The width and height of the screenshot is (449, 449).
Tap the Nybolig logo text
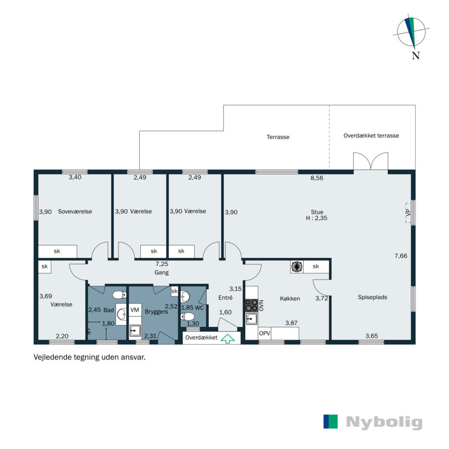[x=384, y=422]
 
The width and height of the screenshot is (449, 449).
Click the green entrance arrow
[x=227, y=338]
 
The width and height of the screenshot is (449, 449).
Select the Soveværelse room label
[x=75, y=212]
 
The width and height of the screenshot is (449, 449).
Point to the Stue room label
[x=319, y=212]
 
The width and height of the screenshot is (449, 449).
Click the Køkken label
[x=290, y=299]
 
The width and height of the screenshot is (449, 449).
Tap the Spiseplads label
[x=373, y=297]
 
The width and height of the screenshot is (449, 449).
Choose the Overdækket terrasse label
[x=371, y=136]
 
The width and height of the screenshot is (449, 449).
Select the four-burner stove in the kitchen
[x=251, y=306]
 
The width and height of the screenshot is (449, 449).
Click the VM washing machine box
[x=135, y=310]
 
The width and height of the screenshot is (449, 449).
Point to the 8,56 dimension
[x=318, y=178]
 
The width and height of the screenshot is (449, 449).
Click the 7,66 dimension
[x=401, y=256]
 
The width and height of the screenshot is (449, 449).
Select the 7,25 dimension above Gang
[x=162, y=264]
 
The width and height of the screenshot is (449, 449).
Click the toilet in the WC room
[x=187, y=317]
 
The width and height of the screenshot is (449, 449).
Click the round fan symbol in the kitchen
[x=296, y=267]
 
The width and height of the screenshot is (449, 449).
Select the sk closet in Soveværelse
[x=57, y=251]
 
